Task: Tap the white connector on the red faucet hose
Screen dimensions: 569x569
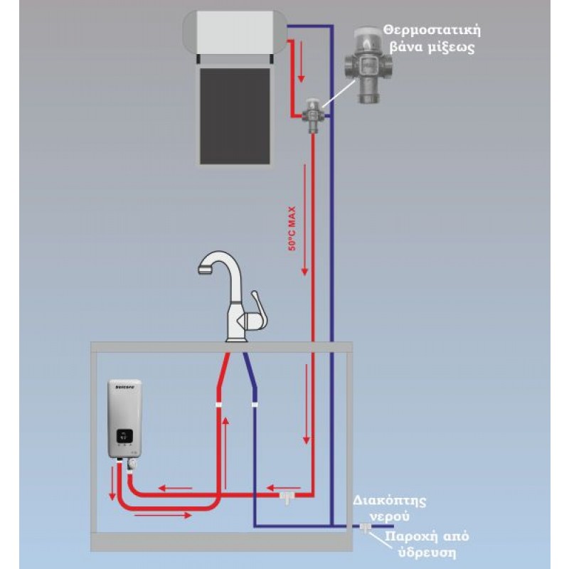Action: point(219,405)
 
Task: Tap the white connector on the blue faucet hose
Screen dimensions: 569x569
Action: point(254,405)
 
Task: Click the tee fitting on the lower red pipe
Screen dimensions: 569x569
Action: point(287,495)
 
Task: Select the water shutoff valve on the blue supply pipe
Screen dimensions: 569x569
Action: point(365,528)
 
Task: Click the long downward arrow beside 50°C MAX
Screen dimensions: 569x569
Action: point(304,220)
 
